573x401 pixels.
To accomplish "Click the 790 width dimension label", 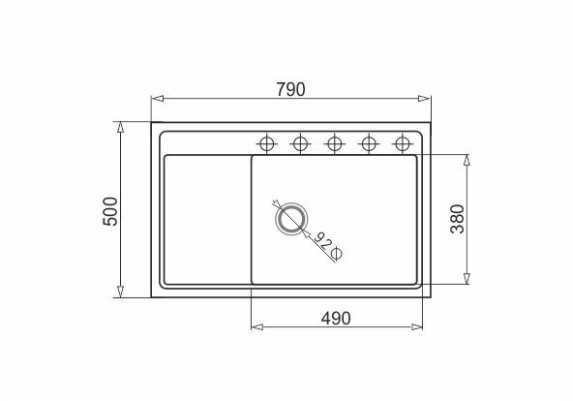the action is pos(290,89).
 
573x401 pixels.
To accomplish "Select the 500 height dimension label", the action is pos(110,211).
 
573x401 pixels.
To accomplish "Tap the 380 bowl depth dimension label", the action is pos(457,219).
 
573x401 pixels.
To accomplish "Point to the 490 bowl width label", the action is pos(336,319).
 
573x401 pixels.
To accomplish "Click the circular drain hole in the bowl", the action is pos(291,219).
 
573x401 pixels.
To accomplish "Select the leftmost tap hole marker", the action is pos(267,143).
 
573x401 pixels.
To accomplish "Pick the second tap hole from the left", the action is pos(300,143).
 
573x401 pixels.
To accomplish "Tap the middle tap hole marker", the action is pos(334,143).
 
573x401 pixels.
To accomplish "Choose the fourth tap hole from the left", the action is pos(369,143).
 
